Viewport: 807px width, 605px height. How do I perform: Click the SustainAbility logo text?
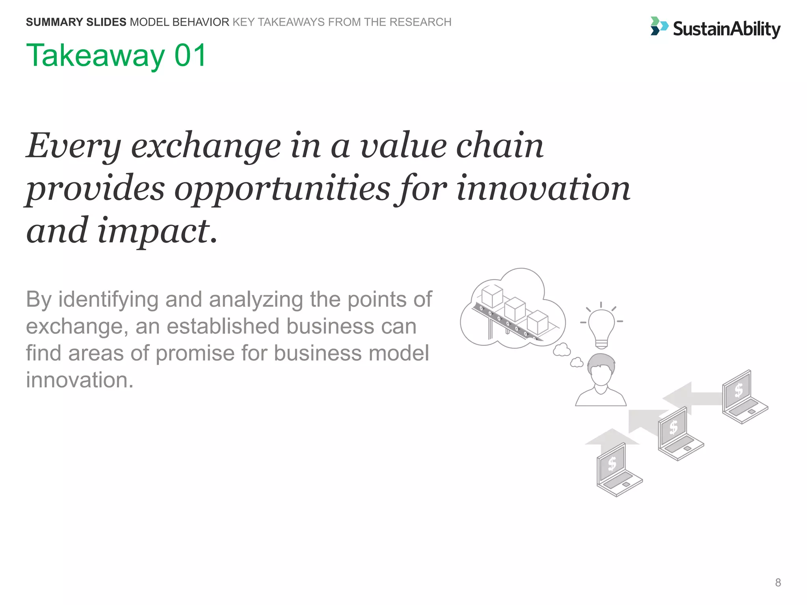point(726,29)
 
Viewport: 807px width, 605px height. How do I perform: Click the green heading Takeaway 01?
point(116,56)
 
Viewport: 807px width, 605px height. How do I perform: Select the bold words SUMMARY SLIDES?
point(76,22)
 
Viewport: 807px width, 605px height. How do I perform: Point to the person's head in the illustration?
point(601,370)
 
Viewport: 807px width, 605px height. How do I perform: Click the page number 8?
point(777,583)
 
